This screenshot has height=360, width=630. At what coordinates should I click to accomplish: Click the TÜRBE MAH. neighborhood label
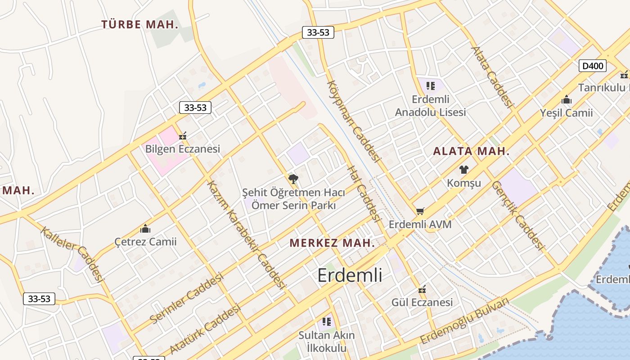point(140,24)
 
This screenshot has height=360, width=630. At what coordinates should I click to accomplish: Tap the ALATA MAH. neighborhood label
point(471,151)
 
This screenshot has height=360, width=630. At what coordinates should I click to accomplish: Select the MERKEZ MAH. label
point(332,243)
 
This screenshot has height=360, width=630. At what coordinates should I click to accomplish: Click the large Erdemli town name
point(350,275)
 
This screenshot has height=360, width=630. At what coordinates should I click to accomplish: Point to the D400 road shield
point(593,66)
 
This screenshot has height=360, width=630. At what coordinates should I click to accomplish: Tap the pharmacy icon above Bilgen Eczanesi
point(183,135)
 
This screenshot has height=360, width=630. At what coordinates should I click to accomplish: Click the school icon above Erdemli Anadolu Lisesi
point(431,85)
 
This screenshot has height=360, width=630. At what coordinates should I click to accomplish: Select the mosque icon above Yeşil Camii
point(567,99)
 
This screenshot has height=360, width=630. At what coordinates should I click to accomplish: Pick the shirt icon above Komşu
point(464,170)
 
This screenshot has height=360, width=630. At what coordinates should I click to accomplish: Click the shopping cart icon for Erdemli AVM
point(420,211)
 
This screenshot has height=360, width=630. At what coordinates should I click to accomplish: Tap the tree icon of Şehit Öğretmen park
point(293,179)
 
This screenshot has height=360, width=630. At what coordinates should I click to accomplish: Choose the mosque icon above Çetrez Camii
point(145,229)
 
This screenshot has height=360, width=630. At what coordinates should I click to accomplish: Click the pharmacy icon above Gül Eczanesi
point(422,289)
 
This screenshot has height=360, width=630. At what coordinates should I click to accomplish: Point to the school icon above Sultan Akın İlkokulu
point(327,322)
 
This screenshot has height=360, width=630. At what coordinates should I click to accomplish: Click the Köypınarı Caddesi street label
point(354,121)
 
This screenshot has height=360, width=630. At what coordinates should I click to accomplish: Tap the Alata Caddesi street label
point(492,77)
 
